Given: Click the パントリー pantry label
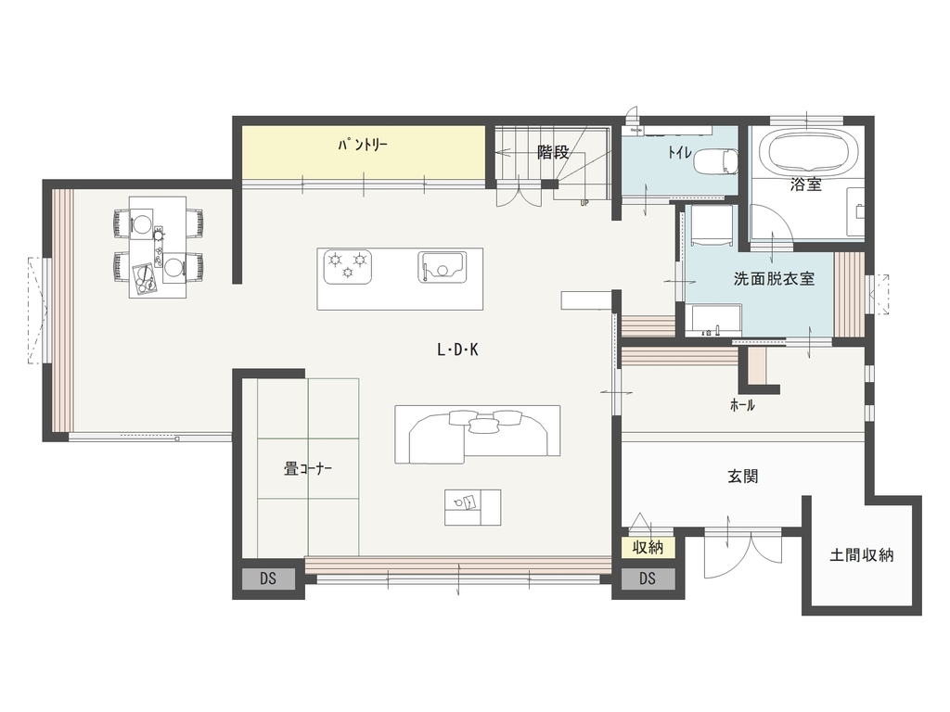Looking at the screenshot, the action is [363, 146].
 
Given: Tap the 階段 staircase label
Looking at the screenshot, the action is [553, 153].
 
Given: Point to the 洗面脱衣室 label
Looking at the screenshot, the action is [774, 279].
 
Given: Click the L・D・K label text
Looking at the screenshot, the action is [457, 350].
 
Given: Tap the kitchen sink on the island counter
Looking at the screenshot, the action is [442, 267].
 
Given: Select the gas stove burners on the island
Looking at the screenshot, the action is [348, 266].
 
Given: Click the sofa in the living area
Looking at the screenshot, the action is [478, 435].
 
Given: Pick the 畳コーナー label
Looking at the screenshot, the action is [308, 468].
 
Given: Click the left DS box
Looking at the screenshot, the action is [268, 578].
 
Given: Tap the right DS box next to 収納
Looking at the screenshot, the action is [647, 578].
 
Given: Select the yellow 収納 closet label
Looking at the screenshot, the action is [647, 547].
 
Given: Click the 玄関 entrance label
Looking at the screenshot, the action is [743, 477].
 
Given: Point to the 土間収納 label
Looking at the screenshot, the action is [862, 554].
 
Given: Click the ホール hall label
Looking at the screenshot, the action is [742, 405].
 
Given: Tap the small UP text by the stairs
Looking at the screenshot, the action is [584, 203].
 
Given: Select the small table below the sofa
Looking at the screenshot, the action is [472, 507].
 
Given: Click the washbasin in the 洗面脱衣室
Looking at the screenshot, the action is [714, 319].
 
